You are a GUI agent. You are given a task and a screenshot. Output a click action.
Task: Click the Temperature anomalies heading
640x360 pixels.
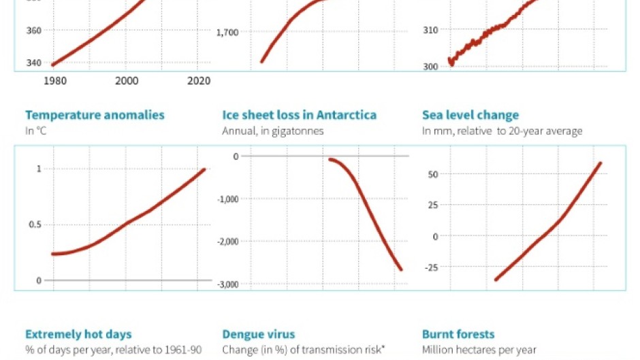tap(95, 115)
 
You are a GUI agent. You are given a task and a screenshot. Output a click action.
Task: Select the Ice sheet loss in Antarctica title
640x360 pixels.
tap(299, 115)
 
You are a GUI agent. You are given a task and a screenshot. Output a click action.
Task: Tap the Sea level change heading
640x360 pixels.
tap(470, 115)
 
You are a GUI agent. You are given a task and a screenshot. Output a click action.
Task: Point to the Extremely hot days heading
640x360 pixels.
tap(78, 334)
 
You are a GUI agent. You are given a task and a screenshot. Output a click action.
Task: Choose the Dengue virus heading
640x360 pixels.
tap(259, 334)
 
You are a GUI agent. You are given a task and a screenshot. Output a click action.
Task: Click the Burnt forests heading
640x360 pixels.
tap(458, 334)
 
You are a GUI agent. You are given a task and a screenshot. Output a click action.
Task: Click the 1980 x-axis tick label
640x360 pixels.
tap(54, 80)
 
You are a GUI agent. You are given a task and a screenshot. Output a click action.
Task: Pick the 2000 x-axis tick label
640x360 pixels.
tap(127, 80)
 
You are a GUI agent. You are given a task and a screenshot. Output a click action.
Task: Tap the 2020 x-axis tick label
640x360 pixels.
tap(198, 80)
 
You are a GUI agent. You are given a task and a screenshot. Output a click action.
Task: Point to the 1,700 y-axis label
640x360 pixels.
tap(227, 32)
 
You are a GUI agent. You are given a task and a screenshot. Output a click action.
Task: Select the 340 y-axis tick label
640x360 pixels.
tap(34, 63)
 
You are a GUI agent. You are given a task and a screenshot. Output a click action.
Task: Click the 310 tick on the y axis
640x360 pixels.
tap(430, 29)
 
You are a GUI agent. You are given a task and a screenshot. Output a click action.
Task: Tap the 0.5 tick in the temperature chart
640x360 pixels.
tap(34, 225)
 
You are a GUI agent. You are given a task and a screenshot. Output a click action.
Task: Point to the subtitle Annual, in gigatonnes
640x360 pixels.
tap(273, 131)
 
